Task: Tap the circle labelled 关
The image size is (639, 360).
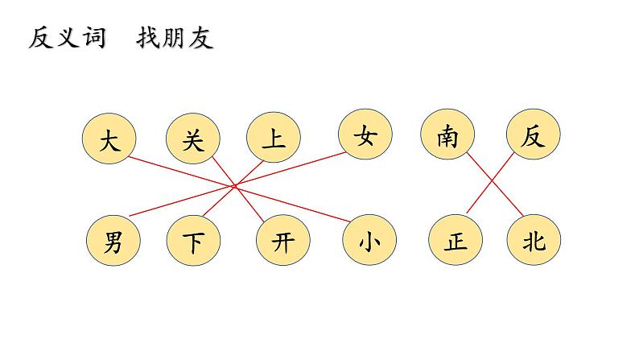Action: pyautogui.click(x=192, y=140)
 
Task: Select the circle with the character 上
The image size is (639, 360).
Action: pyautogui.click(x=274, y=139)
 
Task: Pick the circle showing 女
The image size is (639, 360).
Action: pyautogui.click(x=365, y=136)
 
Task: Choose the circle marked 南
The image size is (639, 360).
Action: pyautogui.click(x=447, y=136)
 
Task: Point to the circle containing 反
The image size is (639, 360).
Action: pyautogui.click(x=532, y=136)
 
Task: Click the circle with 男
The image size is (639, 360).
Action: pyautogui.click(x=112, y=242)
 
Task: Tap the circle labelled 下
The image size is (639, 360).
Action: pyautogui.click(x=194, y=242)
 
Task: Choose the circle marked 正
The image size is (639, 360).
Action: pyautogui.click(x=456, y=242)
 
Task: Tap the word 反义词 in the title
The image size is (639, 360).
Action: pyautogui.click(x=68, y=38)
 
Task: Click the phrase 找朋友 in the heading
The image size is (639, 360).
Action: pyautogui.click(x=175, y=38)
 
